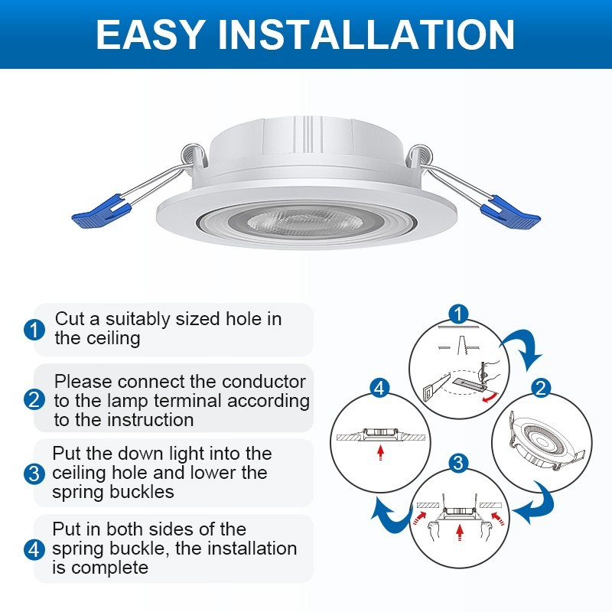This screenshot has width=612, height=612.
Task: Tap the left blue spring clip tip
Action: pos(97,213)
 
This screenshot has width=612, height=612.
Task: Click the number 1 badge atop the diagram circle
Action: pos(457,314)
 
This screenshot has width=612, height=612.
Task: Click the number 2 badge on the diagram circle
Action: pos(540,388)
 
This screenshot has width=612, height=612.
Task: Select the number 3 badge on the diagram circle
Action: pos(457,463)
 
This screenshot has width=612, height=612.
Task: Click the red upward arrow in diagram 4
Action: pos(380,452)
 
